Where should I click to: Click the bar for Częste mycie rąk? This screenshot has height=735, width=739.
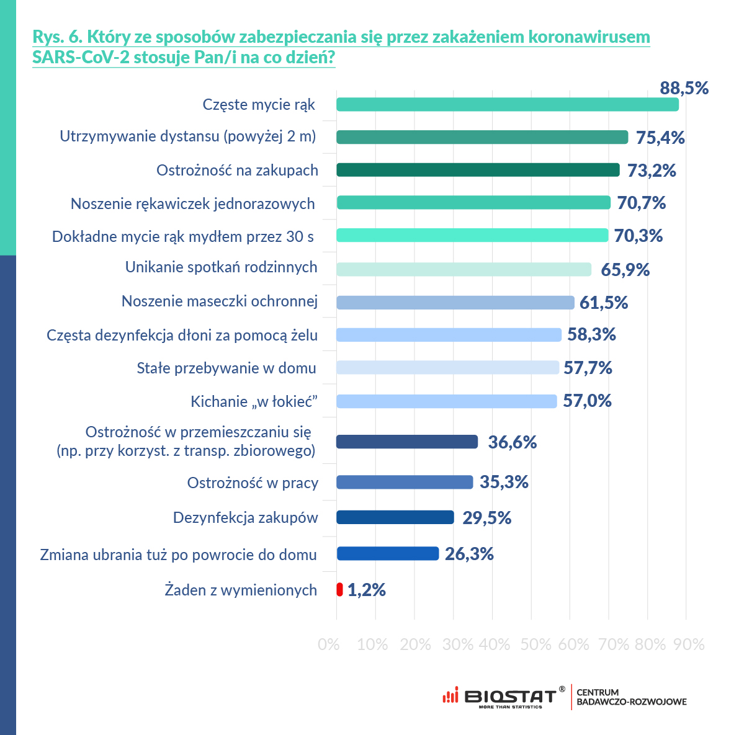tap(507, 105)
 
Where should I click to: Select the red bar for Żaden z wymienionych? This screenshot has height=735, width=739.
tap(339, 589)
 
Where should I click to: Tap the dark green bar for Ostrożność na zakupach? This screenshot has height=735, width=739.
tap(478, 170)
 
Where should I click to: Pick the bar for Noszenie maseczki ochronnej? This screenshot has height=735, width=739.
tap(455, 303)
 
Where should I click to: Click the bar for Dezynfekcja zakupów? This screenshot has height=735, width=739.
tap(395, 517)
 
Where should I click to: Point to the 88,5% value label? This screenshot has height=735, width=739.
tap(684, 88)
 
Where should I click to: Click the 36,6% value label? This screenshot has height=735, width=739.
tap(512, 442)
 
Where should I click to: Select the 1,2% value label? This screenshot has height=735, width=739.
tap(366, 590)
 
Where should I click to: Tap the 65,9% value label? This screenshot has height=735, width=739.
tap(625, 270)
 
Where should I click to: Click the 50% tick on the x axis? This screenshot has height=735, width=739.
tap(535, 644)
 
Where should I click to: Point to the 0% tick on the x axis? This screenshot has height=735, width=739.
tap(329, 644)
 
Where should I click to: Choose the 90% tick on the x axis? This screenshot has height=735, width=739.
tap(689, 644)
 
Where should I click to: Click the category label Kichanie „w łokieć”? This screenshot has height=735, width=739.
tap(254, 402)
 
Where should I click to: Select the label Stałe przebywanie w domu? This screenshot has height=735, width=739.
tap(226, 368)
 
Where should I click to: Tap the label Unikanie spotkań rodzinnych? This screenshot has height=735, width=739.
tap(222, 267)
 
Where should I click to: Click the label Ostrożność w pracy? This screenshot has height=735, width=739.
tap(253, 483)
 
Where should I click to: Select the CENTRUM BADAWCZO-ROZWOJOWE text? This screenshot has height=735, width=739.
tap(631, 697)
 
